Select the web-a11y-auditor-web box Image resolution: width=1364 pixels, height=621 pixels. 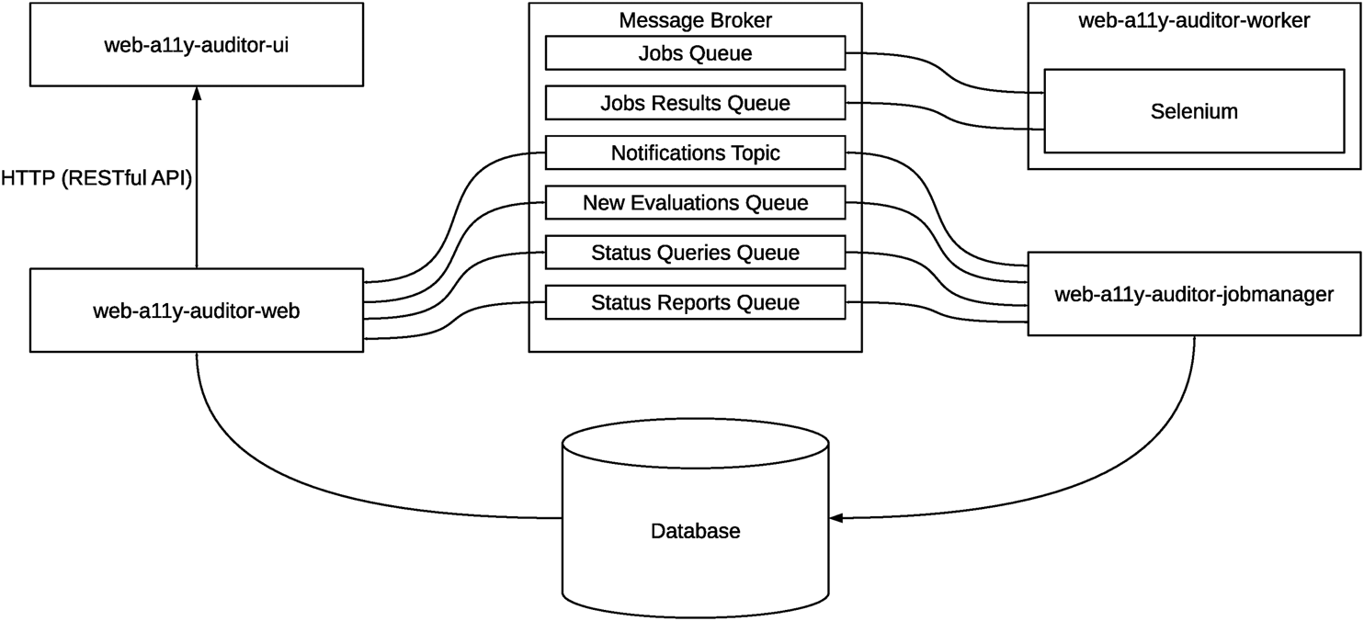point(197,310)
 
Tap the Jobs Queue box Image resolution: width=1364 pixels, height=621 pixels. point(695,53)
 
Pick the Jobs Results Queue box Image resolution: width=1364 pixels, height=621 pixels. point(695,103)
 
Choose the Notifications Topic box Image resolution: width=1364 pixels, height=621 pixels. point(695,152)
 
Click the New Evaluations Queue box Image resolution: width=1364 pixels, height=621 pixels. point(695,202)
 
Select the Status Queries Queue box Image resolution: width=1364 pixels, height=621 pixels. point(695,252)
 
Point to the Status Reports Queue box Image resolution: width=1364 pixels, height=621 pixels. point(695,301)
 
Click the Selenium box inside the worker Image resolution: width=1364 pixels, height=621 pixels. point(1194,111)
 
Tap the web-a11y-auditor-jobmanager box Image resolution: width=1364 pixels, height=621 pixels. point(1194,294)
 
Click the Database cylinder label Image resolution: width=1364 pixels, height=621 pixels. point(695,531)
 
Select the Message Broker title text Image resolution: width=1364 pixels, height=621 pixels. point(695,19)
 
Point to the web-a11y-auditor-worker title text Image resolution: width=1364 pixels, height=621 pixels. point(1194,19)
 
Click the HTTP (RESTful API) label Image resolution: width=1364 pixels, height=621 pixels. point(97,178)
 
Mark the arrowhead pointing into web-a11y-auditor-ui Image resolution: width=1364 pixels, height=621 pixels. point(196,93)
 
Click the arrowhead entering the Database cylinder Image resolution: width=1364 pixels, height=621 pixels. point(835,519)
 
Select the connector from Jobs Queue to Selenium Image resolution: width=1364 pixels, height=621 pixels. point(947,79)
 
